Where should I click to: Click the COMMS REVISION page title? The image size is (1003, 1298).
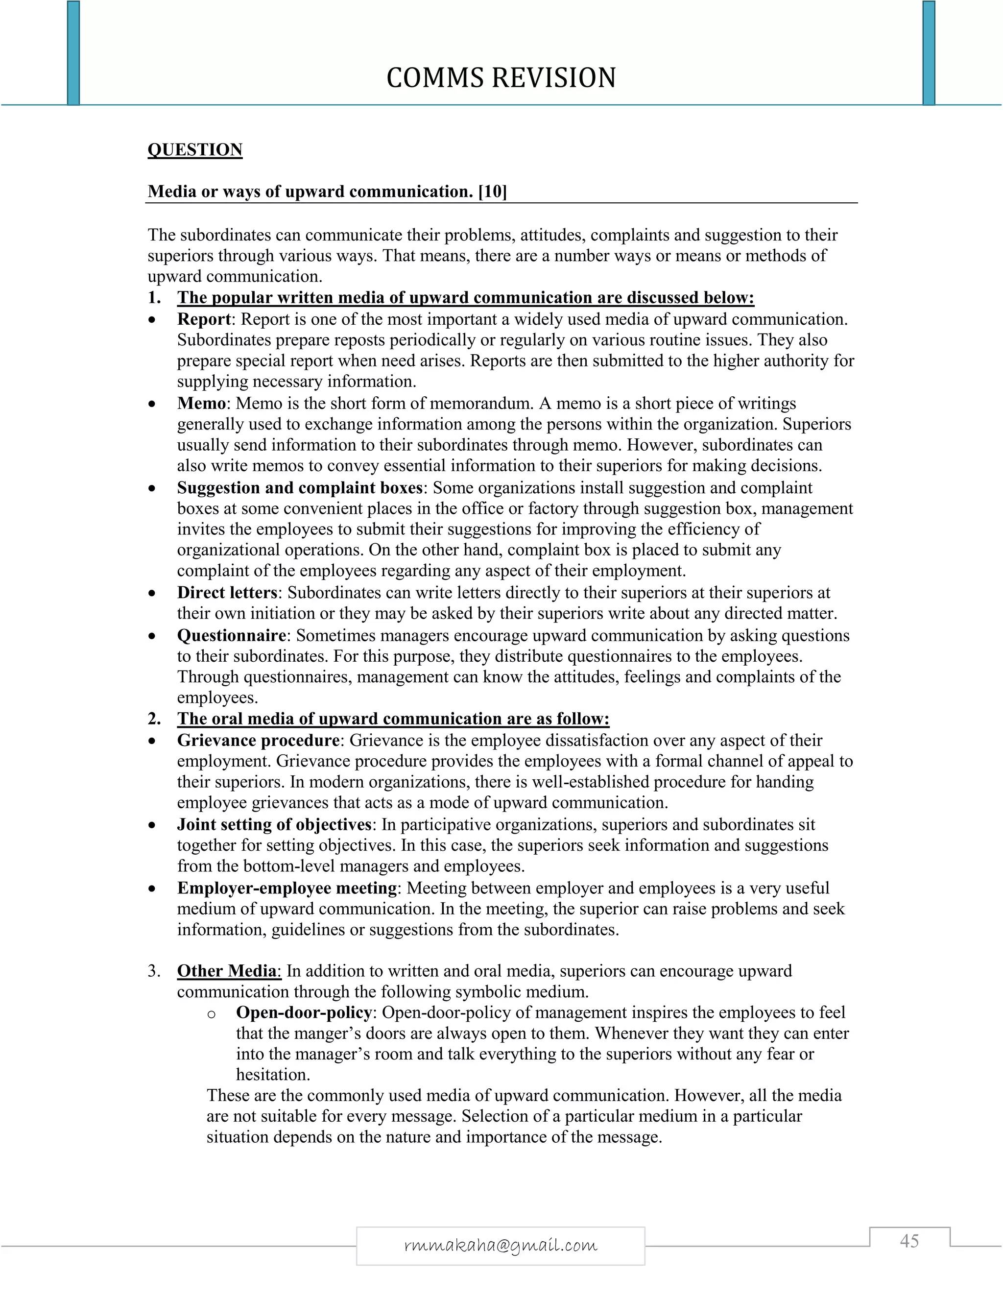[501, 78]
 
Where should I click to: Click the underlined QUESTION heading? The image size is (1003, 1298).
[195, 149]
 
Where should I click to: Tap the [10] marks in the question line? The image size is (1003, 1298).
[493, 192]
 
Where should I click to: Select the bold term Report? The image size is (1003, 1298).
[204, 319]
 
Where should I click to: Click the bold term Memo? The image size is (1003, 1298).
[201, 404]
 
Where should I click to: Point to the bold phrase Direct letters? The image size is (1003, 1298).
[227, 593]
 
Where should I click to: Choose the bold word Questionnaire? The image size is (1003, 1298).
[232, 635]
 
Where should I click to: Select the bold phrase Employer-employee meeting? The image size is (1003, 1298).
[287, 888]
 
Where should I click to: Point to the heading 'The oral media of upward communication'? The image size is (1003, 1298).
[393, 719]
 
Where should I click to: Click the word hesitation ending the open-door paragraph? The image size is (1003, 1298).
[273, 1075]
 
